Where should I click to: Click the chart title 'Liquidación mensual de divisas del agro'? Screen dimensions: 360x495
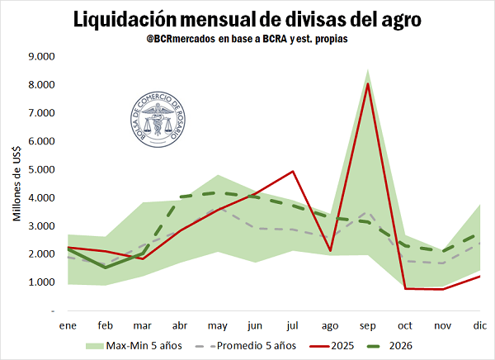247,18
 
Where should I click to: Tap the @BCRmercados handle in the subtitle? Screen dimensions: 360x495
177,40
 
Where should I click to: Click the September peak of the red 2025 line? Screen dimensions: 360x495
367,84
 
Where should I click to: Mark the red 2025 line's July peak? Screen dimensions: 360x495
293,171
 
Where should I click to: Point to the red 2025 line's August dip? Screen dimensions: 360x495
330,250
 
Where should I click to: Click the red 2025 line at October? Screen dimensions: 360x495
405,288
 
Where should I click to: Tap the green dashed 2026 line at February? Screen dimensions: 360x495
105,267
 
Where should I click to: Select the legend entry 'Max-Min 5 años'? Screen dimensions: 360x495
140,345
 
